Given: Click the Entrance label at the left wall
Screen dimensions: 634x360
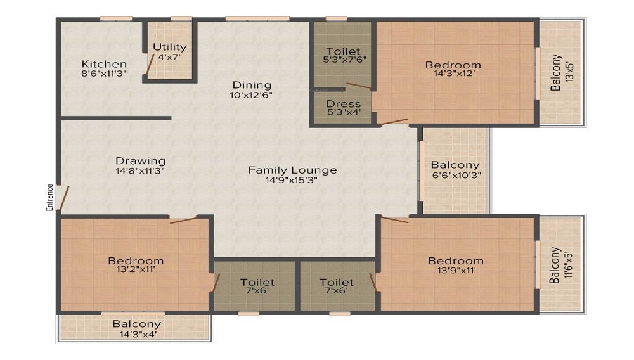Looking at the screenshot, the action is [x=49, y=198].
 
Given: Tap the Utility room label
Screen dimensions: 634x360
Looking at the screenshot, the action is [x=170, y=48].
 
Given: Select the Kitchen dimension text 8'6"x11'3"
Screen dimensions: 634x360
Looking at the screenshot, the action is [x=105, y=74].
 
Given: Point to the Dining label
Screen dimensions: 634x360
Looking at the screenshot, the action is [x=252, y=86].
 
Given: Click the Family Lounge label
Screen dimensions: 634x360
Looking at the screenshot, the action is [x=292, y=170].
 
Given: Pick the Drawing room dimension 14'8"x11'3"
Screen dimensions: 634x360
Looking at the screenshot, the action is [x=140, y=171].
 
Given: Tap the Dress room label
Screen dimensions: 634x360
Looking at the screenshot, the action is [x=343, y=104].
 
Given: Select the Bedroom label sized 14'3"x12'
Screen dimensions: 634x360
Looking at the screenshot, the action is [x=453, y=65].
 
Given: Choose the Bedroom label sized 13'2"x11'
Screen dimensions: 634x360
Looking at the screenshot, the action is [x=136, y=260].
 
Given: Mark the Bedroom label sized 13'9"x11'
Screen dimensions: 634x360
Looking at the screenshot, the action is [x=456, y=260].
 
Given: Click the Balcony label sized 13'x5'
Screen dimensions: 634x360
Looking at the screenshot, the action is [x=555, y=73].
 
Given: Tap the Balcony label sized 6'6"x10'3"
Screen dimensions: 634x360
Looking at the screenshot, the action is [x=455, y=165].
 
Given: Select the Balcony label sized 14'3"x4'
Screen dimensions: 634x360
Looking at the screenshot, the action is [x=137, y=324].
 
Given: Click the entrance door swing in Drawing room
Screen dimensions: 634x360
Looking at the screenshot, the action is [x=64, y=198].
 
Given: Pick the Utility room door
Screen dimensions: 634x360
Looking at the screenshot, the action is [x=150, y=63].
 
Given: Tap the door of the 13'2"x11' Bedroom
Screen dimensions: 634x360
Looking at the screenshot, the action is [x=183, y=220].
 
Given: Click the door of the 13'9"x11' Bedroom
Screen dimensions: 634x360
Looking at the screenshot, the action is [x=394, y=220].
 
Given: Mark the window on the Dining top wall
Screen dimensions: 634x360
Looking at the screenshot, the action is [x=257, y=18].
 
